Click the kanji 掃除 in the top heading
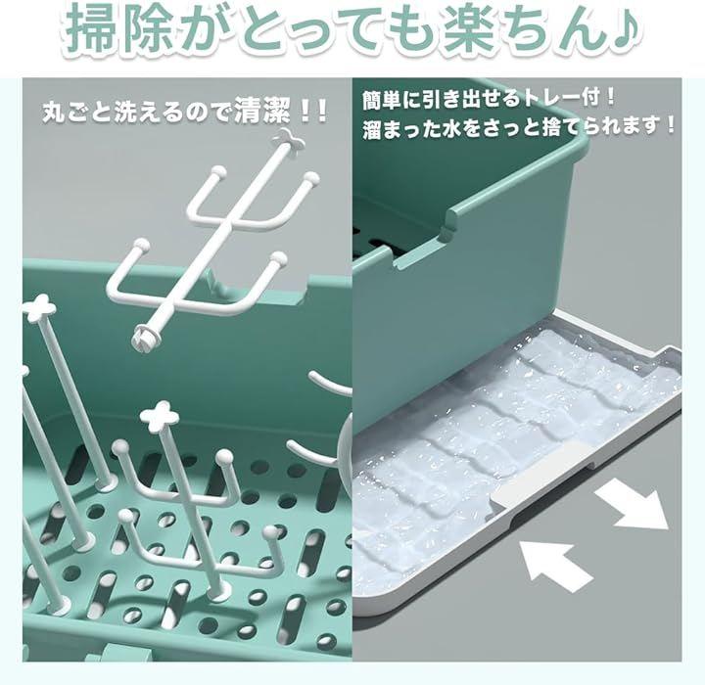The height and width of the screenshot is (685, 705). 120,28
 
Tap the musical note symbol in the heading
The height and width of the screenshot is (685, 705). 622,28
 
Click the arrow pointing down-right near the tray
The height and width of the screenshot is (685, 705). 633,503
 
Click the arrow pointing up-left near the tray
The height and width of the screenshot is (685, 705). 555,565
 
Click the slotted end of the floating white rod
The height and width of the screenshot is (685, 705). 145,335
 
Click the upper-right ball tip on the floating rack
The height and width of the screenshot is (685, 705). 311,177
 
